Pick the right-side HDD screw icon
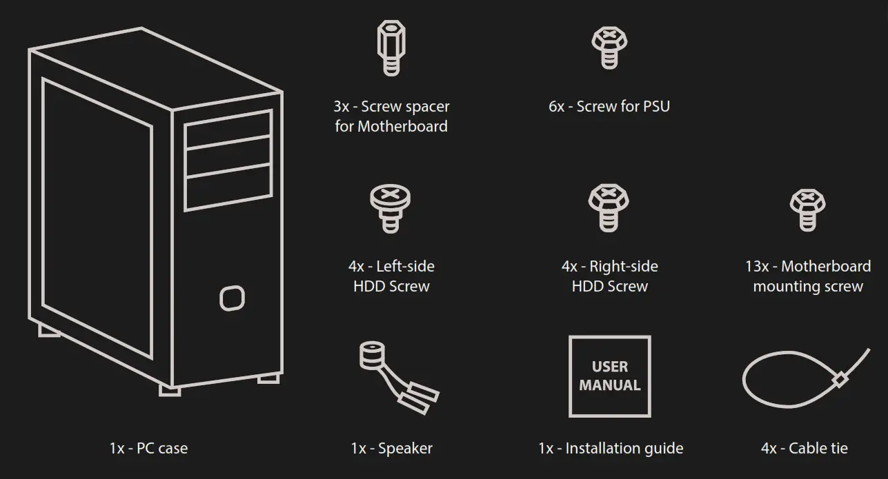[x=609, y=209]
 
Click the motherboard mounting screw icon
[x=807, y=210]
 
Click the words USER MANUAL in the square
[x=610, y=376]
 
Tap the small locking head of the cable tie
[x=840, y=380]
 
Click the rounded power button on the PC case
[x=233, y=298]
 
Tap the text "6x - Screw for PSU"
[x=609, y=107]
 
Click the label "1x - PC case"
[x=148, y=449]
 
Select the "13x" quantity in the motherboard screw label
[x=758, y=267]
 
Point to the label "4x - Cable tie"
[x=804, y=449]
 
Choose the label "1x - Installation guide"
[x=611, y=449]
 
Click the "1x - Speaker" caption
[x=391, y=449]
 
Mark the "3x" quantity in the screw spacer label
[x=342, y=107]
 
